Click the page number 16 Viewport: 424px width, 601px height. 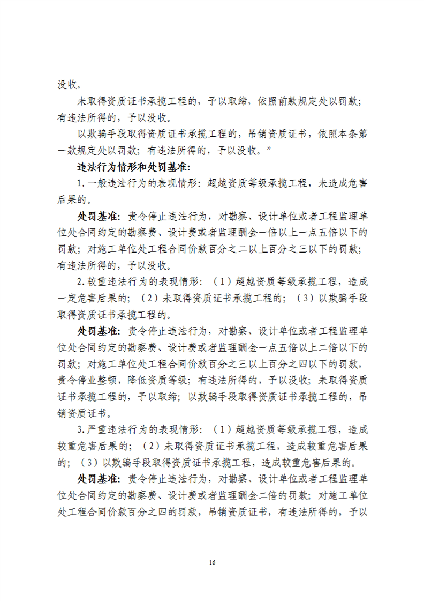(x=213, y=562)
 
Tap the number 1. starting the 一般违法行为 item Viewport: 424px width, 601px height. (x=81, y=183)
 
